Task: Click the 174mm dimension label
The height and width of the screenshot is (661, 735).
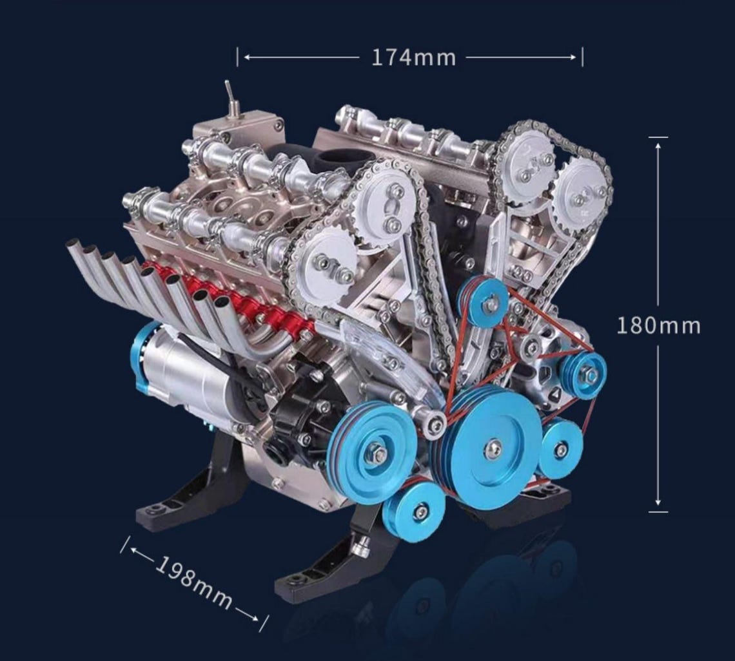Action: pyautogui.click(x=413, y=57)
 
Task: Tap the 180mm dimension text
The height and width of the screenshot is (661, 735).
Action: pyautogui.click(x=658, y=325)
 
